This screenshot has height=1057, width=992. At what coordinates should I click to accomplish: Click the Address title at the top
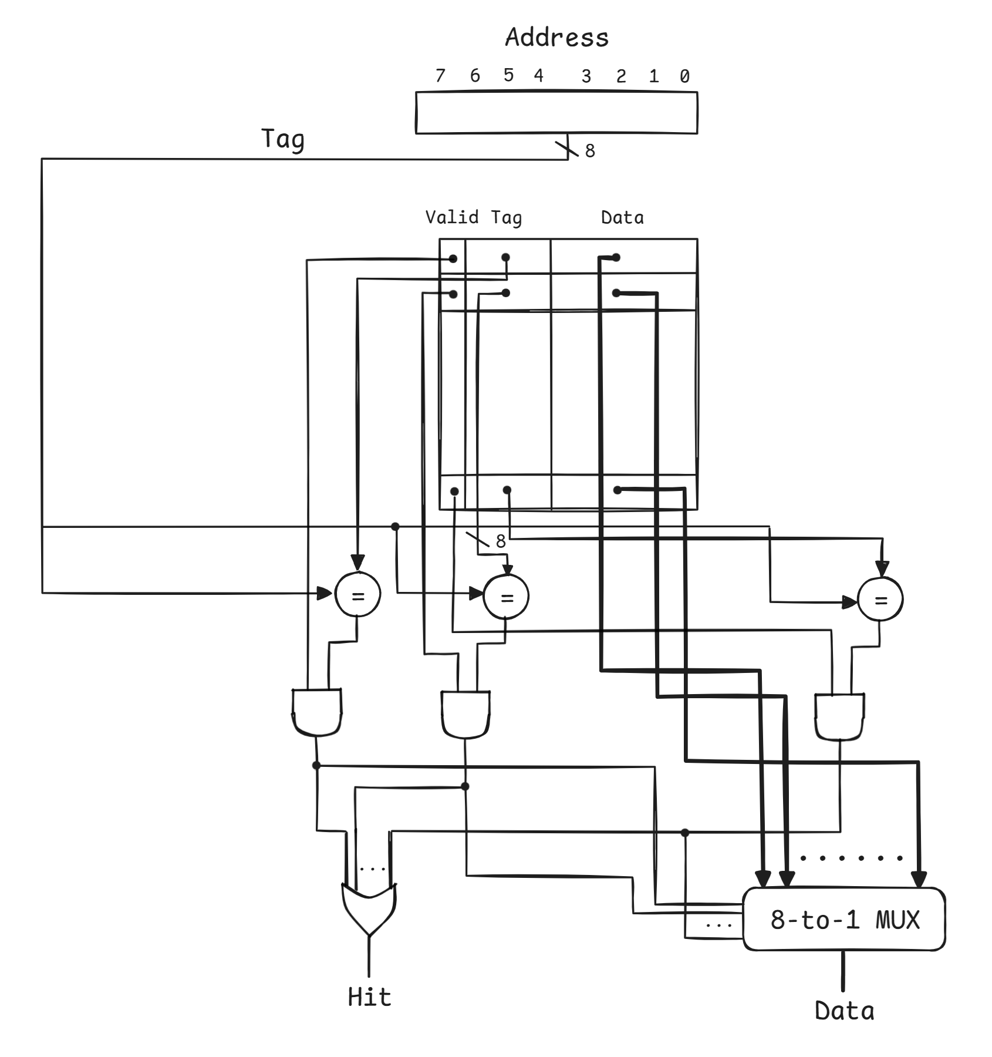click(x=556, y=38)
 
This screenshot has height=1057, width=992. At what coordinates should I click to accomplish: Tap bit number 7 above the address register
click(x=440, y=75)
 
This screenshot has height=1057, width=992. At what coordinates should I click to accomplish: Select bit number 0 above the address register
click(x=684, y=76)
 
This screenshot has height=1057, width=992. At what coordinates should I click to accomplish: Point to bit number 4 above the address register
click(x=538, y=75)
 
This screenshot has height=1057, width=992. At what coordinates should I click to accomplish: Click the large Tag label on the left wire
click(x=283, y=140)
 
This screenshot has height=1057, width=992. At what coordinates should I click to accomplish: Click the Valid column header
click(x=451, y=217)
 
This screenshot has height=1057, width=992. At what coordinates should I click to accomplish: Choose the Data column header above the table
click(x=622, y=218)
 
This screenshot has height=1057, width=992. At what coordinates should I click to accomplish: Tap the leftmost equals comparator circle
click(x=357, y=595)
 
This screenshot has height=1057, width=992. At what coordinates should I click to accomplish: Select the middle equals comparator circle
click(x=506, y=597)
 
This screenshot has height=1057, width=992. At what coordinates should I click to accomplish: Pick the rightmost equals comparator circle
click(x=880, y=599)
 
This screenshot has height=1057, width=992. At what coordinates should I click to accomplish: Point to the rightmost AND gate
click(x=839, y=716)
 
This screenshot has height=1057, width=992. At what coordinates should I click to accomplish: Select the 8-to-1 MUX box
click(x=844, y=919)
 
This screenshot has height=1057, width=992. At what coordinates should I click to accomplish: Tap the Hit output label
click(x=369, y=997)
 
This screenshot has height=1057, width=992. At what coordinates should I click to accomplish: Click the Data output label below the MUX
click(x=844, y=1011)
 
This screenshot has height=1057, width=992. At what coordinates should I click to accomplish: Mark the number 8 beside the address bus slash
click(x=590, y=151)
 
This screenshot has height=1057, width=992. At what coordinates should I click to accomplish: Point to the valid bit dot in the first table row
click(x=453, y=258)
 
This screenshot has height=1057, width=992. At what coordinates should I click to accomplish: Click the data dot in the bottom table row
click(x=617, y=490)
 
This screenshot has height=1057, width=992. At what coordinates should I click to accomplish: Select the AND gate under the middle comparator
click(x=465, y=713)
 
